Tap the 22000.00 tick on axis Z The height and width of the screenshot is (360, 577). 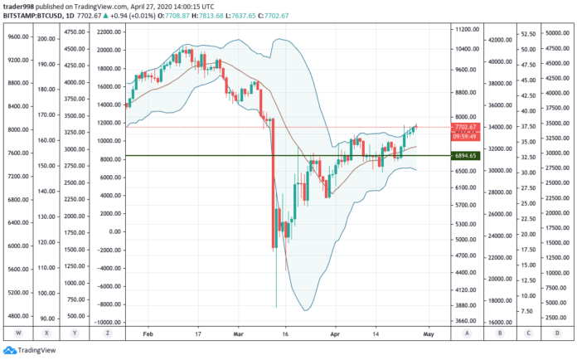pyautogui.click(x=109, y=32)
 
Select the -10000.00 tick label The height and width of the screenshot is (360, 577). pyautogui.click(x=108, y=323)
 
